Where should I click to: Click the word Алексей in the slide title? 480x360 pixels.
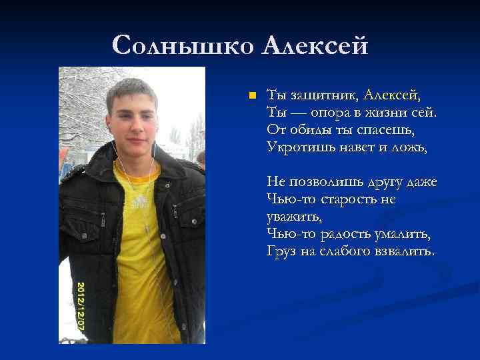315,45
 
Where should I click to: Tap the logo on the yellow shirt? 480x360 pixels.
139,200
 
